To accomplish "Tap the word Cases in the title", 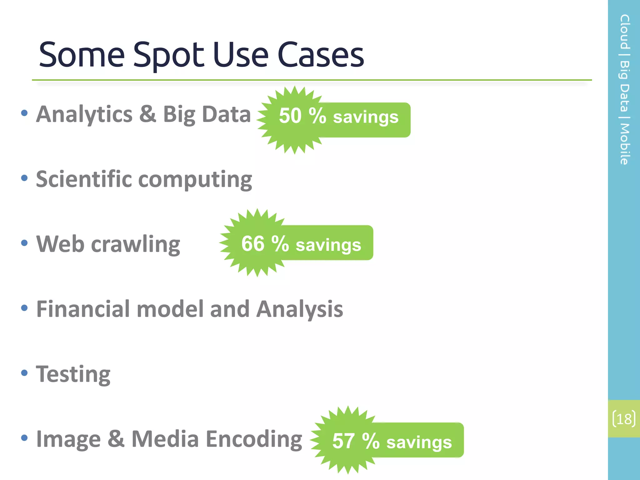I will [321, 55].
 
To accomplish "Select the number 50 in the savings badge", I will [290, 116].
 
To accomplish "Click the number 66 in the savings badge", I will [252, 244].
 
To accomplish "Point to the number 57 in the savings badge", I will [343, 441].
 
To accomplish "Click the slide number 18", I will [624, 419].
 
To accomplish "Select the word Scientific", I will [84, 179].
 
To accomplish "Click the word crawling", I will [135, 244].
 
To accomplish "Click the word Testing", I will [73, 374].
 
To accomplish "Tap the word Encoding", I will [254, 439].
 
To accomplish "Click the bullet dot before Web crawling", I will [24, 243].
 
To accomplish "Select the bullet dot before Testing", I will [24, 373].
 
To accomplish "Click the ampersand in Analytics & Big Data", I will [147, 114].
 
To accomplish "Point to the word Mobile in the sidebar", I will [624, 144].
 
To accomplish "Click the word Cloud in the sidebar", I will [624, 32].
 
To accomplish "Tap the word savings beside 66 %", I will [328, 245].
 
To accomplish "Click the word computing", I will [195, 180].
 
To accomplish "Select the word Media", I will [165, 439].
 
